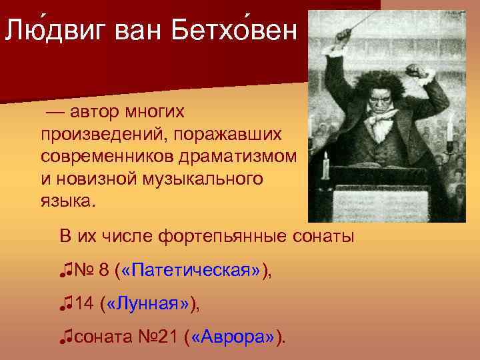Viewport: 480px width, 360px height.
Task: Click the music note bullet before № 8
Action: [x=65, y=270]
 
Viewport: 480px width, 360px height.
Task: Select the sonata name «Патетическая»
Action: [x=193, y=270]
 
